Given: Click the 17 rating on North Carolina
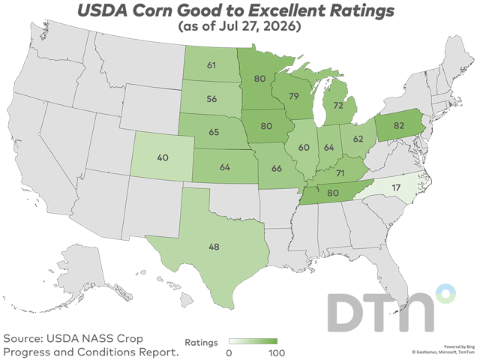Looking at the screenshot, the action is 396,187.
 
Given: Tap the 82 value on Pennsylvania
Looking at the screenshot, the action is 399,125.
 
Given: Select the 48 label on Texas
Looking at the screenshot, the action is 214,247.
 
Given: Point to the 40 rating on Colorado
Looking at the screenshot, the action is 163,157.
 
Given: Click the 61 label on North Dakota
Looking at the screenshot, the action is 211,65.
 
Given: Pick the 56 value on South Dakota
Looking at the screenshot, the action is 211,99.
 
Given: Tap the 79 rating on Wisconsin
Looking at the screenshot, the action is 293,96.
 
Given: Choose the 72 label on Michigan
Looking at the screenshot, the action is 338,106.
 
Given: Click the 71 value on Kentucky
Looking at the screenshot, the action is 340,173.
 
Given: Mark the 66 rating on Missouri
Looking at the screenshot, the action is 277,168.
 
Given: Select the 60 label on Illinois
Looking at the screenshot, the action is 304,148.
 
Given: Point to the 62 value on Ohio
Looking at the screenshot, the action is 358,139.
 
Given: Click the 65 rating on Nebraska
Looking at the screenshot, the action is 214,132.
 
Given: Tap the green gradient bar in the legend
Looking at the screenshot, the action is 253,341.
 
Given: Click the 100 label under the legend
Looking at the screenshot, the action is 277,353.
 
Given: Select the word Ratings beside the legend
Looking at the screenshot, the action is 201,343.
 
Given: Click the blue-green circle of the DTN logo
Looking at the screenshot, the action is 445,293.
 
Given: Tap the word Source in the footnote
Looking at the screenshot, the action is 23,338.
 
